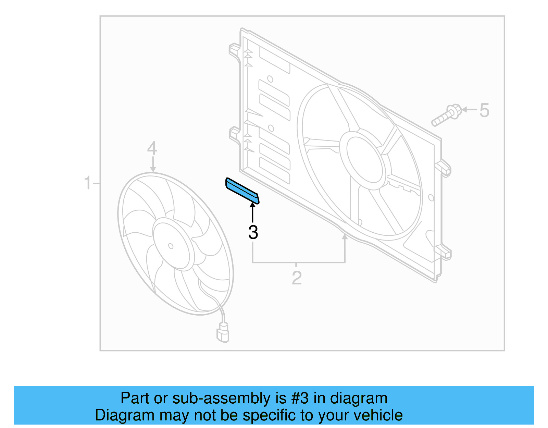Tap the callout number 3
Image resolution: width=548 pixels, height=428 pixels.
click(x=253, y=232)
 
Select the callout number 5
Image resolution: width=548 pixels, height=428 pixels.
click(x=484, y=110)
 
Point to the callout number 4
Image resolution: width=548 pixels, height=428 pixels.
click(x=152, y=148)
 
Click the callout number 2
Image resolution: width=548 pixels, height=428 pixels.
click(x=297, y=278)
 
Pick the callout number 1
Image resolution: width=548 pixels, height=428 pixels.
click(x=88, y=183)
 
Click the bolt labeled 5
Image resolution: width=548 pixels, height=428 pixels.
click(x=446, y=116)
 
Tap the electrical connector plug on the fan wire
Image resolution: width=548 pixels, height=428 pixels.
click(x=223, y=332)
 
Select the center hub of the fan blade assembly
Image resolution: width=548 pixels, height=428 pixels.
click(x=171, y=245)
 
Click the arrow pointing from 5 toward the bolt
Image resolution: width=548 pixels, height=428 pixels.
click(x=469, y=110)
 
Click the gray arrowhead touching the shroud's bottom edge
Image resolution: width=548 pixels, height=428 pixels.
click(x=345, y=237)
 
